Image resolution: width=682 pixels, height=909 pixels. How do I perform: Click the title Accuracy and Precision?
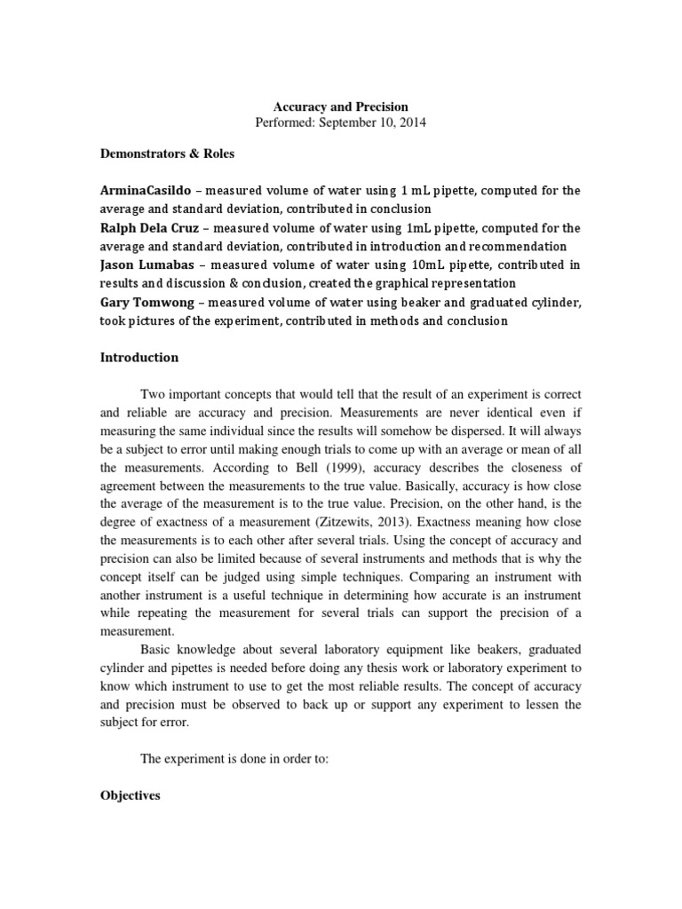coord(340,107)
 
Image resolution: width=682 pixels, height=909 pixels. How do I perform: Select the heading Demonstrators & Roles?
coord(167,154)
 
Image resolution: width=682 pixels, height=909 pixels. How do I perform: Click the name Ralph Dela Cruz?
coord(148,228)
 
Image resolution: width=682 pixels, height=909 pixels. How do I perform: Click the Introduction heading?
coord(139,358)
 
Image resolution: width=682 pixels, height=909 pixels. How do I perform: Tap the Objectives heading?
coord(130,796)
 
